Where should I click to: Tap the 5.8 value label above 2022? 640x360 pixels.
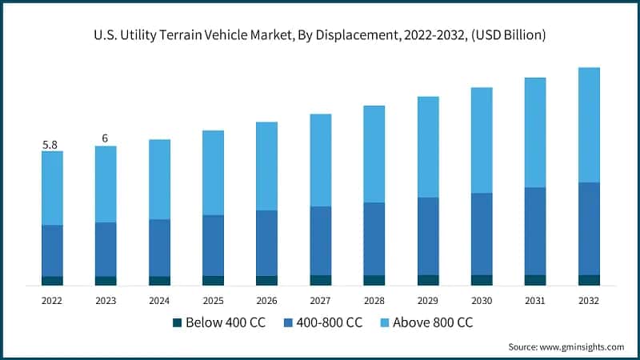(x=50, y=145)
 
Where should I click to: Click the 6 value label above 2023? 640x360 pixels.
(x=105, y=139)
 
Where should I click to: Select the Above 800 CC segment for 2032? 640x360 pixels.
(x=589, y=125)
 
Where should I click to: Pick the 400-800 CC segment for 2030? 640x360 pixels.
(x=482, y=234)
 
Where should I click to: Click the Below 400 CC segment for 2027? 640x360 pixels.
(x=320, y=280)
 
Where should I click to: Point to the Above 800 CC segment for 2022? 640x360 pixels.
(x=52, y=188)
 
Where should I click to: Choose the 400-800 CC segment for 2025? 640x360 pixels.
(x=213, y=246)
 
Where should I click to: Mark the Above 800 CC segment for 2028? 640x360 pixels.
(x=374, y=154)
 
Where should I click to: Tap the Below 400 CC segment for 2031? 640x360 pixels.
(x=535, y=280)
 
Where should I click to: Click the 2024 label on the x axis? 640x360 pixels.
(x=159, y=301)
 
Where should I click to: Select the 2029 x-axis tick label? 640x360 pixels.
(x=428, y=301)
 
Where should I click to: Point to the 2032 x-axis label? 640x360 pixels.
(x=589, y=301)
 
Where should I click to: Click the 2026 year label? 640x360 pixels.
(x=266, y=301)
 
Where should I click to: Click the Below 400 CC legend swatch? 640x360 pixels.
(x=178, y=323)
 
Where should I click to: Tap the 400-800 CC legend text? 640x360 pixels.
(x=330, y=323)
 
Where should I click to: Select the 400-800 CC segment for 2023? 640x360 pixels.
(x=106, y=250)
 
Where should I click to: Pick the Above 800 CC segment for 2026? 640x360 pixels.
(x=266, y=166)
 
